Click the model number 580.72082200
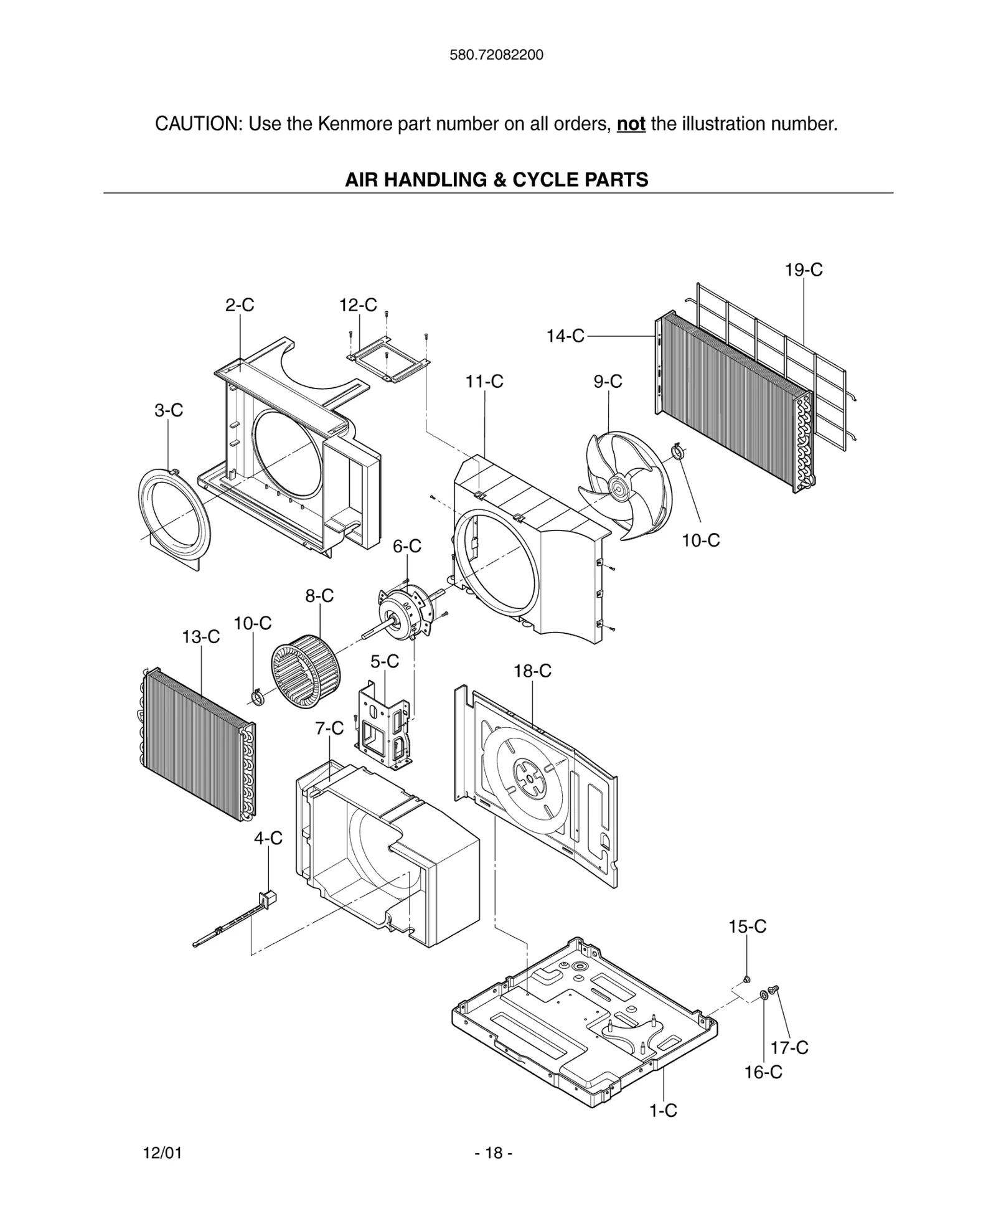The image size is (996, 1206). (x=496, y=55)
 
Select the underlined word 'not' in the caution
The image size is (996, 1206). (x=630, y=124)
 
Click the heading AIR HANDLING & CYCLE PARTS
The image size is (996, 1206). (x=496, y=180)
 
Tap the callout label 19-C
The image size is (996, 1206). (x=803, y=270)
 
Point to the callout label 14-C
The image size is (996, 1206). (x=565, y=336)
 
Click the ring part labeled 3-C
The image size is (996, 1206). (x=173, y=517)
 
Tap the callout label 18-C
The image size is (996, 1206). (x=532, y=671)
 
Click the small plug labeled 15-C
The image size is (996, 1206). (x=747, y=979)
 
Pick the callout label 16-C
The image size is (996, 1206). (x=763, y=1072)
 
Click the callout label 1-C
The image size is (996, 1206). (x=663, y=1110)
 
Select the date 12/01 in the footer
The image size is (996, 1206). (x=162, y=1153)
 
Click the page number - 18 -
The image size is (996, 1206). (x=494, y=1153)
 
